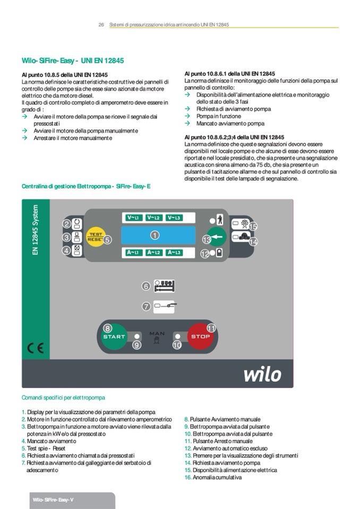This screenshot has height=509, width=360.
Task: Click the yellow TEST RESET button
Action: [x=95, y=237]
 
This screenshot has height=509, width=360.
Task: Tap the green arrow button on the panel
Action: [x=215, y=236]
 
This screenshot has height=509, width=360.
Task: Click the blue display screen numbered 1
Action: [x=158, y=235]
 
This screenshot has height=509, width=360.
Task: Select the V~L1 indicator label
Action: [x=134, y=218]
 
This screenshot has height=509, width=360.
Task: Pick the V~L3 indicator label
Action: [x=174, y=218]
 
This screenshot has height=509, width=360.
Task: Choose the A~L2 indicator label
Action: [x=154, y=253]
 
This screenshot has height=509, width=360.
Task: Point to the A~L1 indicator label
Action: [x=134, y=253]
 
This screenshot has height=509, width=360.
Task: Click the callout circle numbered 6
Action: [x=145, y=286]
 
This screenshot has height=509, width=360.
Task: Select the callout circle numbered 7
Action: [x=146, y=306]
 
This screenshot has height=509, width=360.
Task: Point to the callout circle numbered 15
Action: [x=253, y=227]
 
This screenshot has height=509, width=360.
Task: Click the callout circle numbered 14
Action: [x=253, y=241]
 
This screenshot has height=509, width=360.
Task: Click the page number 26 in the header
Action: [x=101, y=24]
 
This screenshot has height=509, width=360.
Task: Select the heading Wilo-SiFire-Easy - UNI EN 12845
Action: [x=73, y=61]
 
